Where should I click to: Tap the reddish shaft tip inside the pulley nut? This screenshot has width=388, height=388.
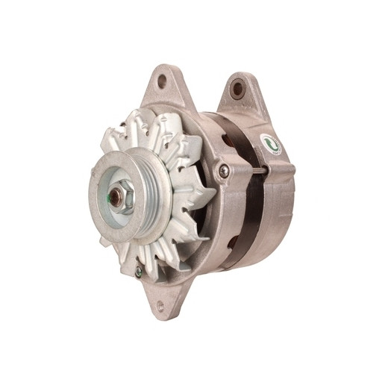tap(117, 198)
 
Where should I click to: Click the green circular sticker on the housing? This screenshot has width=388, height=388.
tap(270, 144)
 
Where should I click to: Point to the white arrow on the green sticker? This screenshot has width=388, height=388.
tap(270, 145)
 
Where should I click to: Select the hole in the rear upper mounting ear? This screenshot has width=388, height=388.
tap(238, 90)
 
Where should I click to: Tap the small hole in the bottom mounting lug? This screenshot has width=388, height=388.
tap(160, 306)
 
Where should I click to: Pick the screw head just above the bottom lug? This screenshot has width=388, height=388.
tap(138, 272)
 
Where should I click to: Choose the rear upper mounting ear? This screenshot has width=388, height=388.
tap(239, 93)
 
